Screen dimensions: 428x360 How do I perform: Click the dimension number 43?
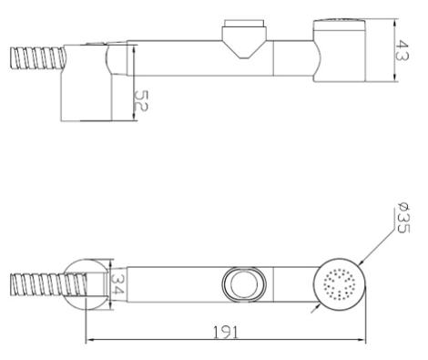click(402, 50)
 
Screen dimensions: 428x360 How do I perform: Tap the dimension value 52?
click(141, 101)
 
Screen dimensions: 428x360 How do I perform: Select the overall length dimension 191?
click(226, 332)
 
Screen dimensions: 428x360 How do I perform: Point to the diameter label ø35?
click(403, 220)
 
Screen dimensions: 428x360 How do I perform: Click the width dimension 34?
click(117, 283)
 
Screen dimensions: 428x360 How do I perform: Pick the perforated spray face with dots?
click(340, 284)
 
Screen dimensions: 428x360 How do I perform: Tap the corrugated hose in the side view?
click(38, 57)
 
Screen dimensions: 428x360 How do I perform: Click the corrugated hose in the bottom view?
click(48, 284)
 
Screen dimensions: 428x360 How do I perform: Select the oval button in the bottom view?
click(244, 284)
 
